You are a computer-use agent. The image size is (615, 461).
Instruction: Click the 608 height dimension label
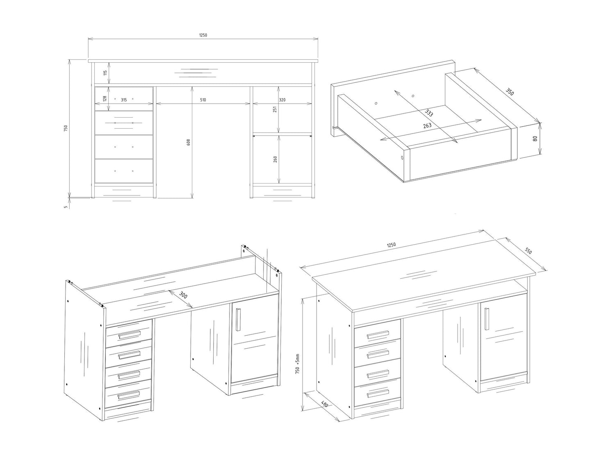tap(189, 142)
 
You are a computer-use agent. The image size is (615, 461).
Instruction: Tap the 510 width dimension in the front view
tap(203, 100)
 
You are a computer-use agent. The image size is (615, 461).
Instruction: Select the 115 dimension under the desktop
tap(105, 73)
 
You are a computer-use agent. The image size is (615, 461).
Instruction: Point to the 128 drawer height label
tap(105, 98)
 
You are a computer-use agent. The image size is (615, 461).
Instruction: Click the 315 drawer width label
tap(124, 100)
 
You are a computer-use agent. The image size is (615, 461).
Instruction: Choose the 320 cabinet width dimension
tap(282, 100)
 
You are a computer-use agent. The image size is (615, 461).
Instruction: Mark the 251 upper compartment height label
tap(275, 109)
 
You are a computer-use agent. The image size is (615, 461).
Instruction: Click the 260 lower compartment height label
tap(275, 159)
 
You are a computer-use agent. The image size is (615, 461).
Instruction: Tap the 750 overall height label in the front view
tap(66, 128)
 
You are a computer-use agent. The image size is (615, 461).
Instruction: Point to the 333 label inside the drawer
tap(429, 113)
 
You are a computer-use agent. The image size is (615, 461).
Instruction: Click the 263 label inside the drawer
tap(427, 125)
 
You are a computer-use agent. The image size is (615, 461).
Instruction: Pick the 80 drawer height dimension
tap(535, 138)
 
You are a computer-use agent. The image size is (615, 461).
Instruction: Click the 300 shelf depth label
tap(183, 295)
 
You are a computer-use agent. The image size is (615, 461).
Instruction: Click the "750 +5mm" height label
tap(297, 363)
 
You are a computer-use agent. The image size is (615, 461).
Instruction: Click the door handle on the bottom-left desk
tap(238, 320)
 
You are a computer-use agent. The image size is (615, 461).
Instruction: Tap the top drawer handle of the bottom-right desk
tap(378, 335)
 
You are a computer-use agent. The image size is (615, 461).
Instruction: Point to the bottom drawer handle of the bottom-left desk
tap(129, 395)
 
